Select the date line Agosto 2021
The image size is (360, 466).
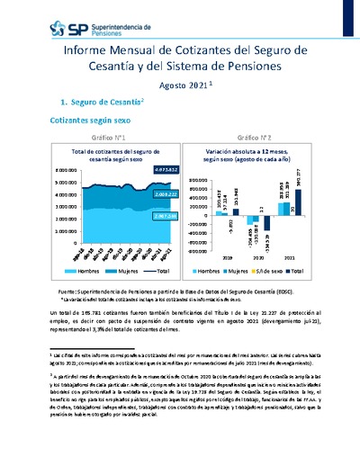[185, 85]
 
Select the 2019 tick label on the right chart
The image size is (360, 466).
[224, 255]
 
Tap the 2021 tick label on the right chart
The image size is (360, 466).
[291, 255]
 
